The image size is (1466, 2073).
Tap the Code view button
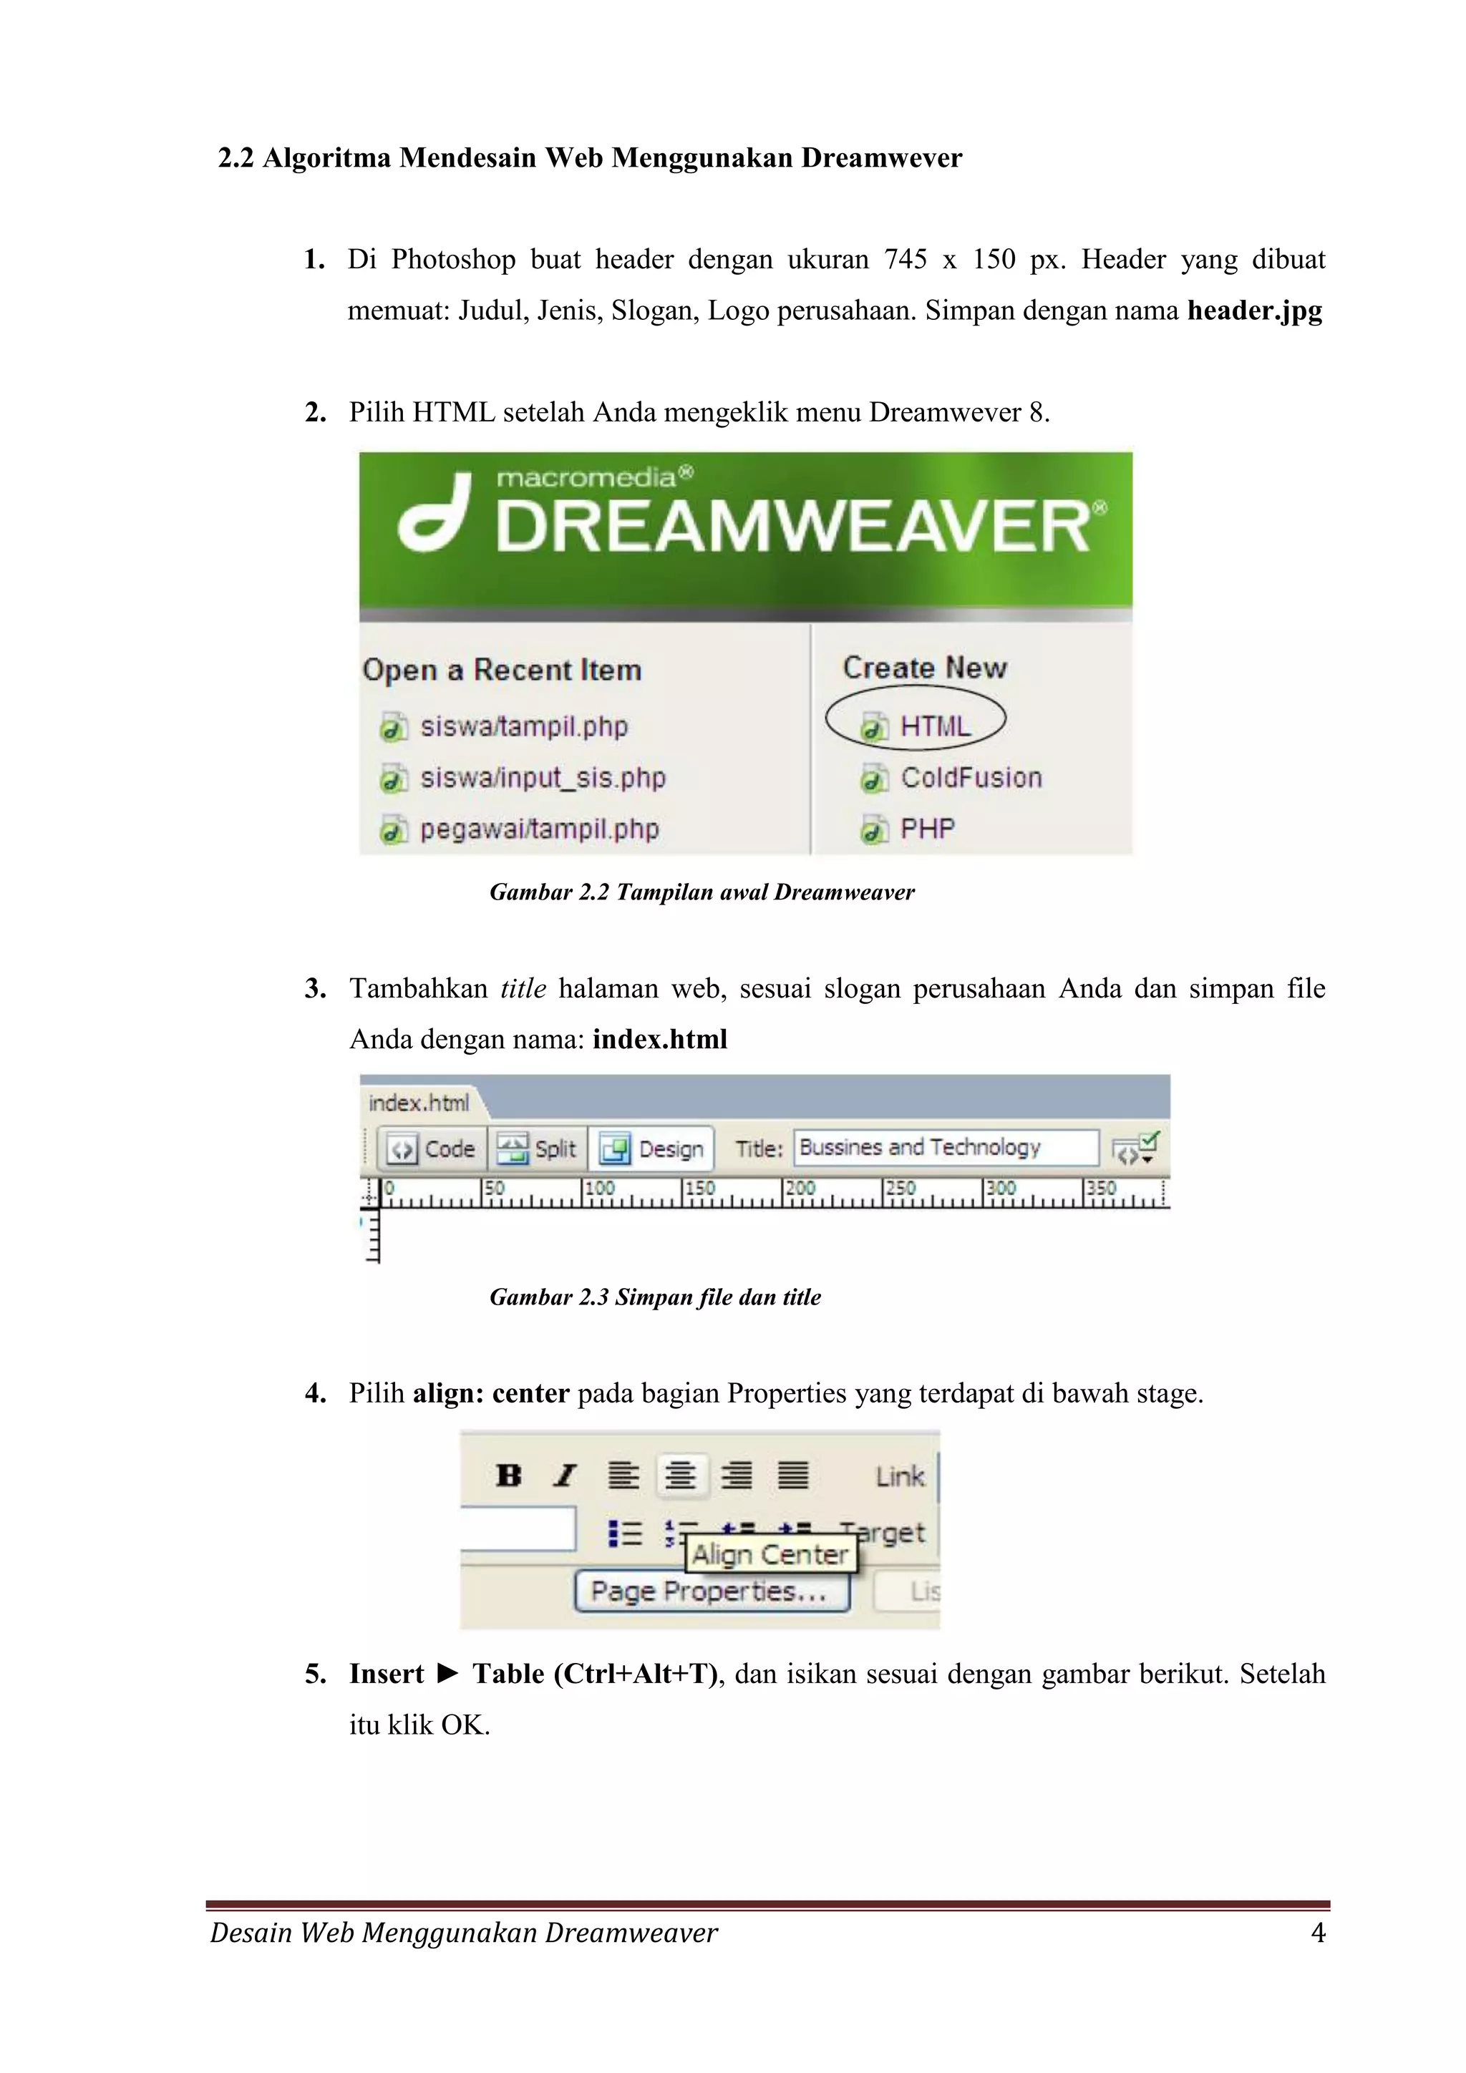432,1149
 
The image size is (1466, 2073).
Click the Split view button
538,1149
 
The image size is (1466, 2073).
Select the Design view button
652,1149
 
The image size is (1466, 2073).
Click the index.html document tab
419,1103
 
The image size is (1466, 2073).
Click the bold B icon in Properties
508,1476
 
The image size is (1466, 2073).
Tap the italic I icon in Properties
565,1476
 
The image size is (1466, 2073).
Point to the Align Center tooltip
770,1555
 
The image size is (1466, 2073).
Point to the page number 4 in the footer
1317,1933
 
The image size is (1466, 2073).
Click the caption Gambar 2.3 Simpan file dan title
655,1297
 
